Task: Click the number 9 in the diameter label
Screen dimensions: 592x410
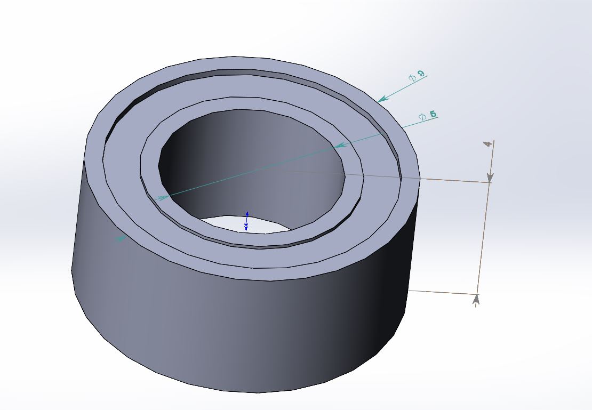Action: (421, 73)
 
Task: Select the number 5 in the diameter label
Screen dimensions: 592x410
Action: (433, 114)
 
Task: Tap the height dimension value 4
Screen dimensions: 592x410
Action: (487, 144)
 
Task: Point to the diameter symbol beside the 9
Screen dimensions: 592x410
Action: (412, 78)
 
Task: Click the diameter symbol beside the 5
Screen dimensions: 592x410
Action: (423, 117)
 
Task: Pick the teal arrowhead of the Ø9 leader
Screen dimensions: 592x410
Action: (383, 99)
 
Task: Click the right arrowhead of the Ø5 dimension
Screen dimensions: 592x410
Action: (341, 144)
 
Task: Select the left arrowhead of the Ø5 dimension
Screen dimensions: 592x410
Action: (162, 197)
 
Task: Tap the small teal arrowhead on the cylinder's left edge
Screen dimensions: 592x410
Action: (121, 239)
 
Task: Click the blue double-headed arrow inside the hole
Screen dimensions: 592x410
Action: (246, 221)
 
